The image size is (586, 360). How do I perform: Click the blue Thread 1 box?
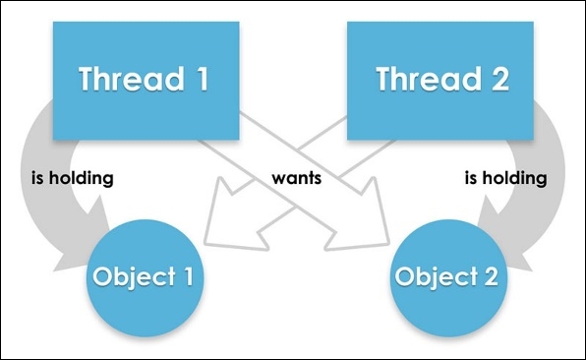[145, 78]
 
